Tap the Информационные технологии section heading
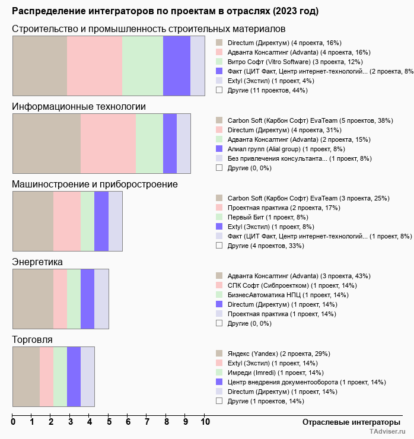pos(79,107)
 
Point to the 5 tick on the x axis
pos(109,422)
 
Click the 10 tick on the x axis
pos(205,422)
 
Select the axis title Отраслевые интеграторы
pos(348,422)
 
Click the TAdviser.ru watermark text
pos(388,432)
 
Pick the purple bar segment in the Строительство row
pos(177,65)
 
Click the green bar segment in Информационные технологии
pos(149,143)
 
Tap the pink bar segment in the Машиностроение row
pos(67,221)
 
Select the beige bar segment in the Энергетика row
pos(33,298)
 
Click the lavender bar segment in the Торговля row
pos(88,376)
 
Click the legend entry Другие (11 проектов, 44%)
pos(267,90)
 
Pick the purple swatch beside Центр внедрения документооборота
pos(219,382)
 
